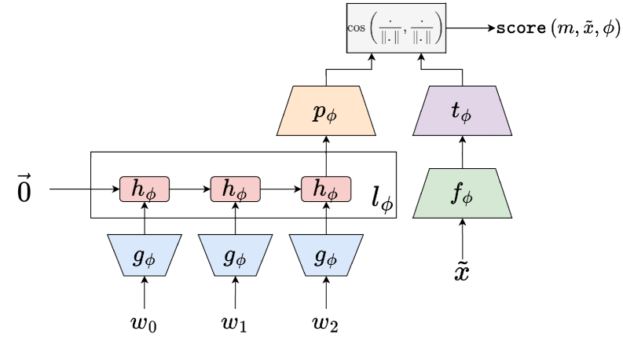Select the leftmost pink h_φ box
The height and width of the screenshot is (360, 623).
pyautogui.click(x=143, y=189)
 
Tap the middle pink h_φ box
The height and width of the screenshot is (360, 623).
pyautogui.click(x=235, y=189)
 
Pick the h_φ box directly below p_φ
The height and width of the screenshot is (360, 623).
pyautogui.click(x=325, y=189)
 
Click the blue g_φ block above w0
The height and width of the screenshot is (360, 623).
pyautogui.click(x=144, y=255)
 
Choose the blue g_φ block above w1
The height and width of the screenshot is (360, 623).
pyautogui.click(x=235, y=255)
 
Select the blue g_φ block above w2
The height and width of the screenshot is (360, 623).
pyautogui.click(x=326, y=255)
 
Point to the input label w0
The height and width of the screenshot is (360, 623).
pyautogui.click(x=144, y=321)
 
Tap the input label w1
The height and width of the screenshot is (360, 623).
pyautogui.click(x=235, y=321)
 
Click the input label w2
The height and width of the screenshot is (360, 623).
pyautogui.click(x=326, y=321)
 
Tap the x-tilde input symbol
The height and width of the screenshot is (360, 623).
pyautogui.click(x=463, y=273)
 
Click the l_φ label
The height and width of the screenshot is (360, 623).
pyautogui.click(x=382, y=202)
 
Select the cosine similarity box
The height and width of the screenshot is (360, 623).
pyautogui.click(x=396, y=28)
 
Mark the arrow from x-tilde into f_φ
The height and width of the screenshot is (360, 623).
pyautogui.click(x=463, y=236)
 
